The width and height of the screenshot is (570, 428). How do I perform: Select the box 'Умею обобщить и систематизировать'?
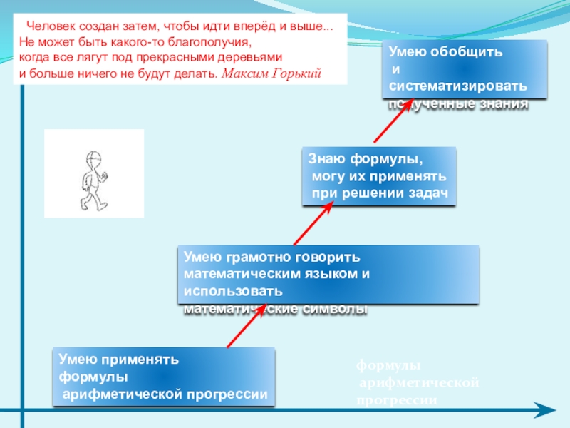[467, 69]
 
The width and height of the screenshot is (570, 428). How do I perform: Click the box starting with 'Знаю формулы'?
[379, 175]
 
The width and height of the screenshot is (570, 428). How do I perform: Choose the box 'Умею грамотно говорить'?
[328, 274]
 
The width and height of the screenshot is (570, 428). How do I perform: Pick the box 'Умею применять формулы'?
[163, 376]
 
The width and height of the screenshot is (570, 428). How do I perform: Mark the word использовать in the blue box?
[233, 291]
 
